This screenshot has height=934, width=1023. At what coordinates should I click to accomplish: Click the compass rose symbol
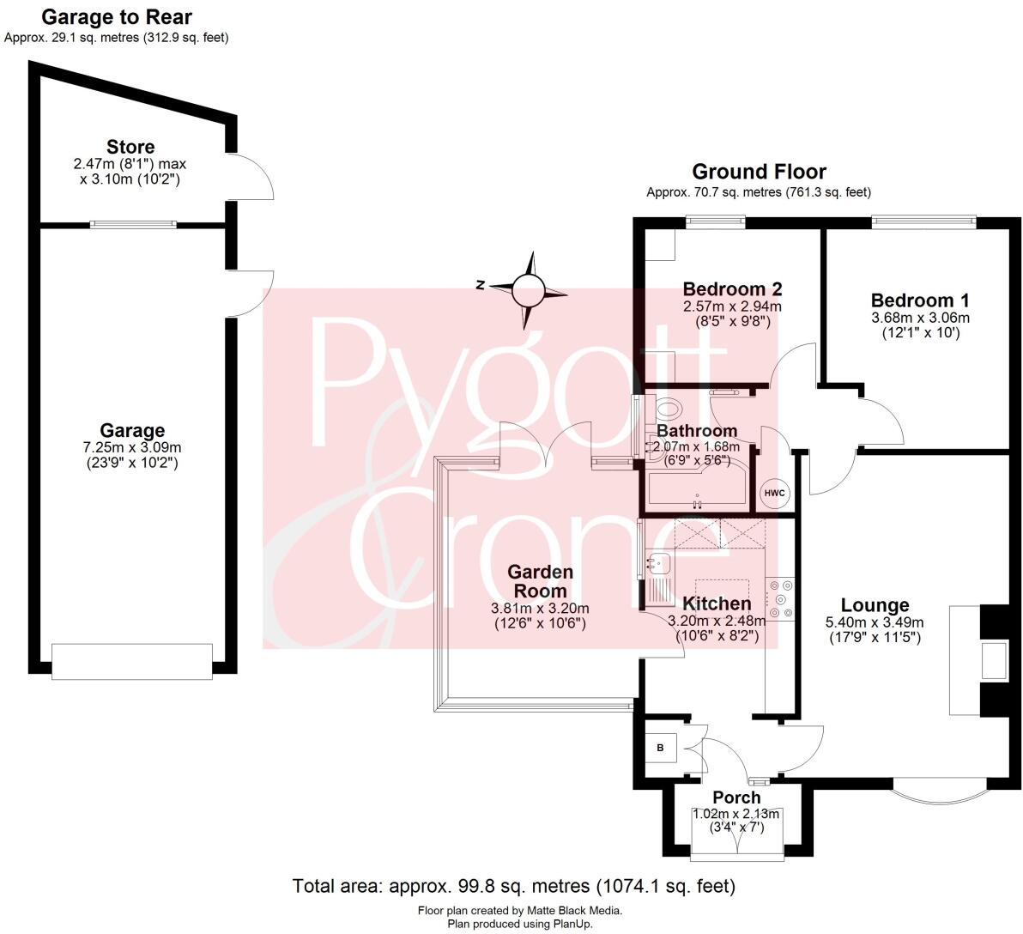[x=529, y=290]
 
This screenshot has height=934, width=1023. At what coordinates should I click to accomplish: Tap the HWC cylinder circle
[x=775, y=493]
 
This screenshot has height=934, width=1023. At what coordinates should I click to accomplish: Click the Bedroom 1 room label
[x=920, y=300]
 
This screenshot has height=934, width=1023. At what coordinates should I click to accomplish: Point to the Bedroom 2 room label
[x=732, y=288]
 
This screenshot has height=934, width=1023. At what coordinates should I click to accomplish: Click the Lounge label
[x=875, y=605]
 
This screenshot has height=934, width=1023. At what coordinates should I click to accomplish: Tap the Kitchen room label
[x=716, y=603]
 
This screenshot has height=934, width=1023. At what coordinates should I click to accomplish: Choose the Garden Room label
[x=540, y=580]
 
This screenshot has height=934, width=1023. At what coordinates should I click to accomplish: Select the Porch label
[x=736, y=798]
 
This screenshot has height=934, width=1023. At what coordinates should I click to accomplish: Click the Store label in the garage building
[x=130, y=147]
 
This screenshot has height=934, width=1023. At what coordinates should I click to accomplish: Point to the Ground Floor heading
[x=759, y=172]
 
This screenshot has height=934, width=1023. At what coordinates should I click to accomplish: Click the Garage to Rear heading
[x=117, y=16]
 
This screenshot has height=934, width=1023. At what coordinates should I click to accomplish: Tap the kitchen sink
[x=659, y=564]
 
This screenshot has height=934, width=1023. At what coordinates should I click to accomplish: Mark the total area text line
[x=513, y=886]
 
